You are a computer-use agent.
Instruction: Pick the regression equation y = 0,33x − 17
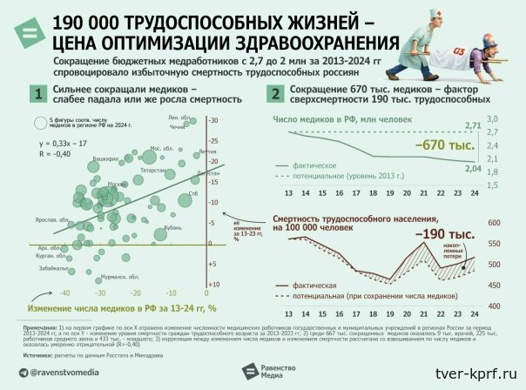63,141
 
